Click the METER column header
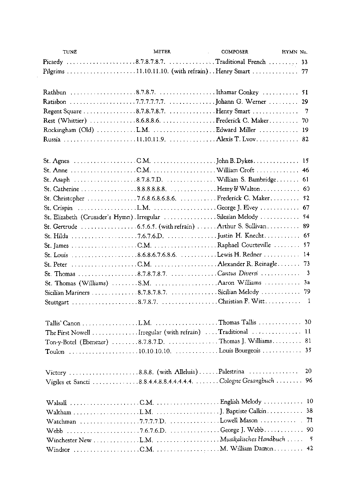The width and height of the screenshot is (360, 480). [x=162, y=52]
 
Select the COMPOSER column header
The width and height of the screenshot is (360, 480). [x=234, y=52]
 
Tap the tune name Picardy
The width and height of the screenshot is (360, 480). [x=53, y=62]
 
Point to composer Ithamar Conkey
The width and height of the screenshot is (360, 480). [x=237, y=93]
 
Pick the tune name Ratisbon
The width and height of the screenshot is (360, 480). [x=54, y=102]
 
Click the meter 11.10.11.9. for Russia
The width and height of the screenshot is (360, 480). [x=151, y=139]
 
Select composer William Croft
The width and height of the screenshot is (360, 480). [x=235, y=170]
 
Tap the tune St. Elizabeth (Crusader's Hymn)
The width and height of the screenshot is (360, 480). [x=88, y=217]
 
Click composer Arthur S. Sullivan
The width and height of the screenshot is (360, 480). [x=241, y=226]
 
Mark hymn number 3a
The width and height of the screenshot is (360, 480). [x=307, y=282]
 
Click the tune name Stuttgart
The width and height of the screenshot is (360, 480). [x=57, y=302]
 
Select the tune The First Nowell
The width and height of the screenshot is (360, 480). [x=68, y=332]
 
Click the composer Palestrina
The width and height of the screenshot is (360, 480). [x=231, y=372]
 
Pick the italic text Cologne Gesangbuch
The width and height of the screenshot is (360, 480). [x=247, y=381]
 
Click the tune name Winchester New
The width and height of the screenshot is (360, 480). [x=69, y=440]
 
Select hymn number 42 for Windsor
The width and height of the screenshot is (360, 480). [x=309, y=448]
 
